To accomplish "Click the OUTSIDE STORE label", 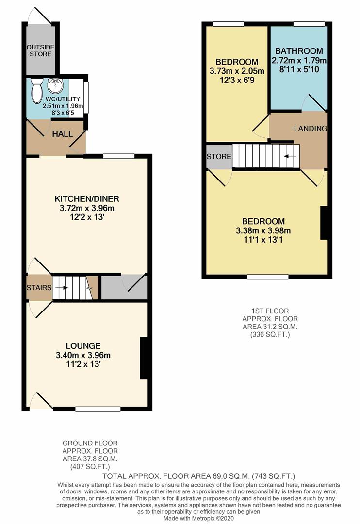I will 40,50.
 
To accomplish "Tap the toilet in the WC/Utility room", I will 37,90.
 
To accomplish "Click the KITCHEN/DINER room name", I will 87,199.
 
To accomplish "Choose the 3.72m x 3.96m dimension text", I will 87,208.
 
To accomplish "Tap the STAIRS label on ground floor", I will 39,288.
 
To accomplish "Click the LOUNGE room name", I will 84,346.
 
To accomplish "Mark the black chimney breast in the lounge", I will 144,358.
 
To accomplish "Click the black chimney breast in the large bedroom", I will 324,223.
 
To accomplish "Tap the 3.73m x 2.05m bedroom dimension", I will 237,71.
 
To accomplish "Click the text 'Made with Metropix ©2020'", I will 180,518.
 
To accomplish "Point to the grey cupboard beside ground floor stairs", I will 124,288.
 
